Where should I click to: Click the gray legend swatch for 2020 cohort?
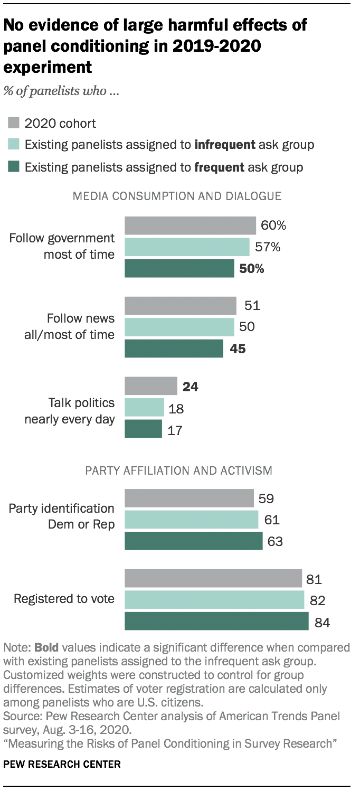tap(14, 124)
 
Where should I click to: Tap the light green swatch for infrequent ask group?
tap(14, 145)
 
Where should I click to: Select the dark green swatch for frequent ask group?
tap(14, 167)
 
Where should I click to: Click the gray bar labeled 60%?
tap(190, 225)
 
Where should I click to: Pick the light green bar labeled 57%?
tap(187, 247)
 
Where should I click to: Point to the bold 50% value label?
tap(251, 268)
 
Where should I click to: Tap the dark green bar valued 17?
tap(143, 429)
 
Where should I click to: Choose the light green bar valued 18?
tap(144, 407)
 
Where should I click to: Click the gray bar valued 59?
tap(189, 498)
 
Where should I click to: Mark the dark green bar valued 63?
tap(193, 541)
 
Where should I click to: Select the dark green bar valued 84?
tap(216, 621)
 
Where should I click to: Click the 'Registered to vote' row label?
tap(64, 599)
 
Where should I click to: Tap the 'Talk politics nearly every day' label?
tap(69, 411)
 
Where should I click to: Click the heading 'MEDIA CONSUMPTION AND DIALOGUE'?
tap(177, 196)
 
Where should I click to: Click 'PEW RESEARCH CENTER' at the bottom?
tap(62, 764)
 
